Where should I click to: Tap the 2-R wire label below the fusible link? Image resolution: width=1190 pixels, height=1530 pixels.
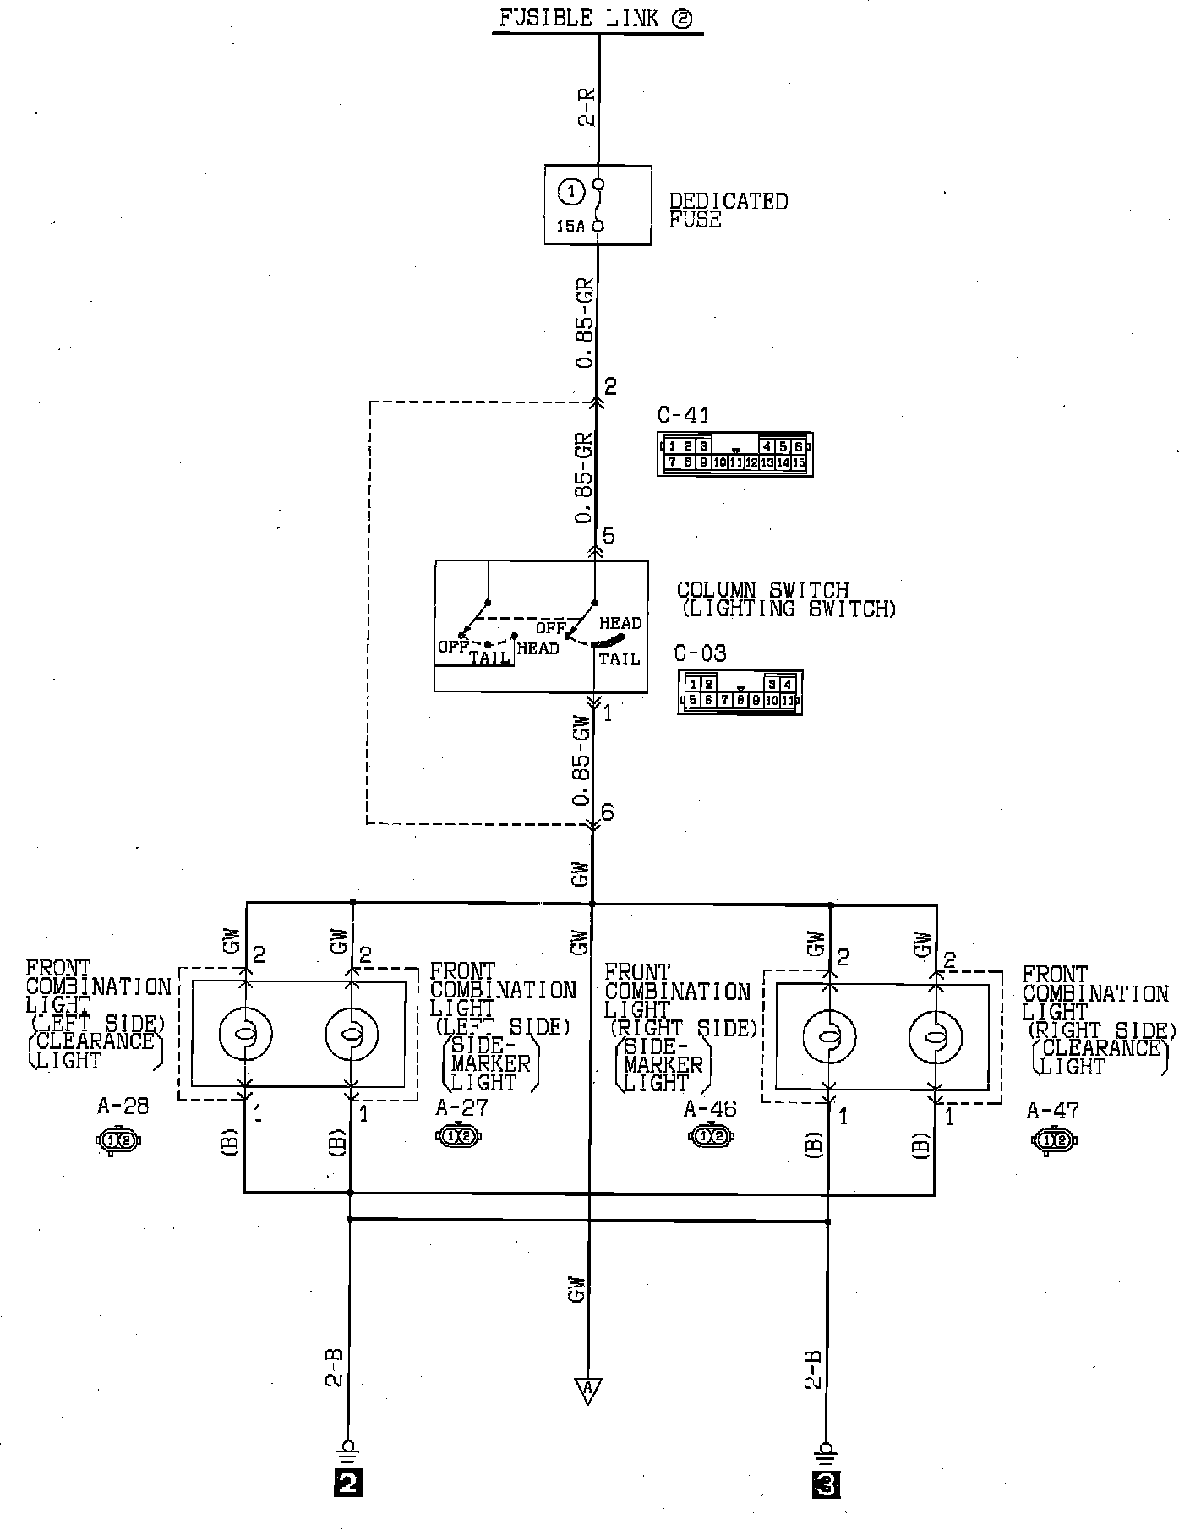click(587, 107)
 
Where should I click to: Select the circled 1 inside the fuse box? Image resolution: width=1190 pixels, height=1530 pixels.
click(572, 192)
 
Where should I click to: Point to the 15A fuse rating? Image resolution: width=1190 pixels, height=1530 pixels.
click(570, 226)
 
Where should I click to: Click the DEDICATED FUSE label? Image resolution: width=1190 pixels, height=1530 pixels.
click(728, 210)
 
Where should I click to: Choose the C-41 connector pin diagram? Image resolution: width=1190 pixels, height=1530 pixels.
click(734, 454)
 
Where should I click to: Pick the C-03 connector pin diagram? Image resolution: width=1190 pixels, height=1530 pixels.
click(740, 692)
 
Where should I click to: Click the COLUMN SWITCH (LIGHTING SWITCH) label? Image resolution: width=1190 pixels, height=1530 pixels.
click(786, 599)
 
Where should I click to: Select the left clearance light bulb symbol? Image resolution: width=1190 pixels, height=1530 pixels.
click(245, 1034)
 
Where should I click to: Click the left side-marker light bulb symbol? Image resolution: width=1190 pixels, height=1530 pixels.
click(352, 1034)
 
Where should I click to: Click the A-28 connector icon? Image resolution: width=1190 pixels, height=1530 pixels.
click(119, 1141)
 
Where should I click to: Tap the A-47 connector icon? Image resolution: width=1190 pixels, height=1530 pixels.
click(1054, 1141)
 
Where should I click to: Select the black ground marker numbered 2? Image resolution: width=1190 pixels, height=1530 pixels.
click(348, 1505)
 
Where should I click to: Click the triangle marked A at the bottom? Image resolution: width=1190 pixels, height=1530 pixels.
click(587, 1389)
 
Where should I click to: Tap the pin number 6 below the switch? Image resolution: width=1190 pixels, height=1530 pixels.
click(607, 813)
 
